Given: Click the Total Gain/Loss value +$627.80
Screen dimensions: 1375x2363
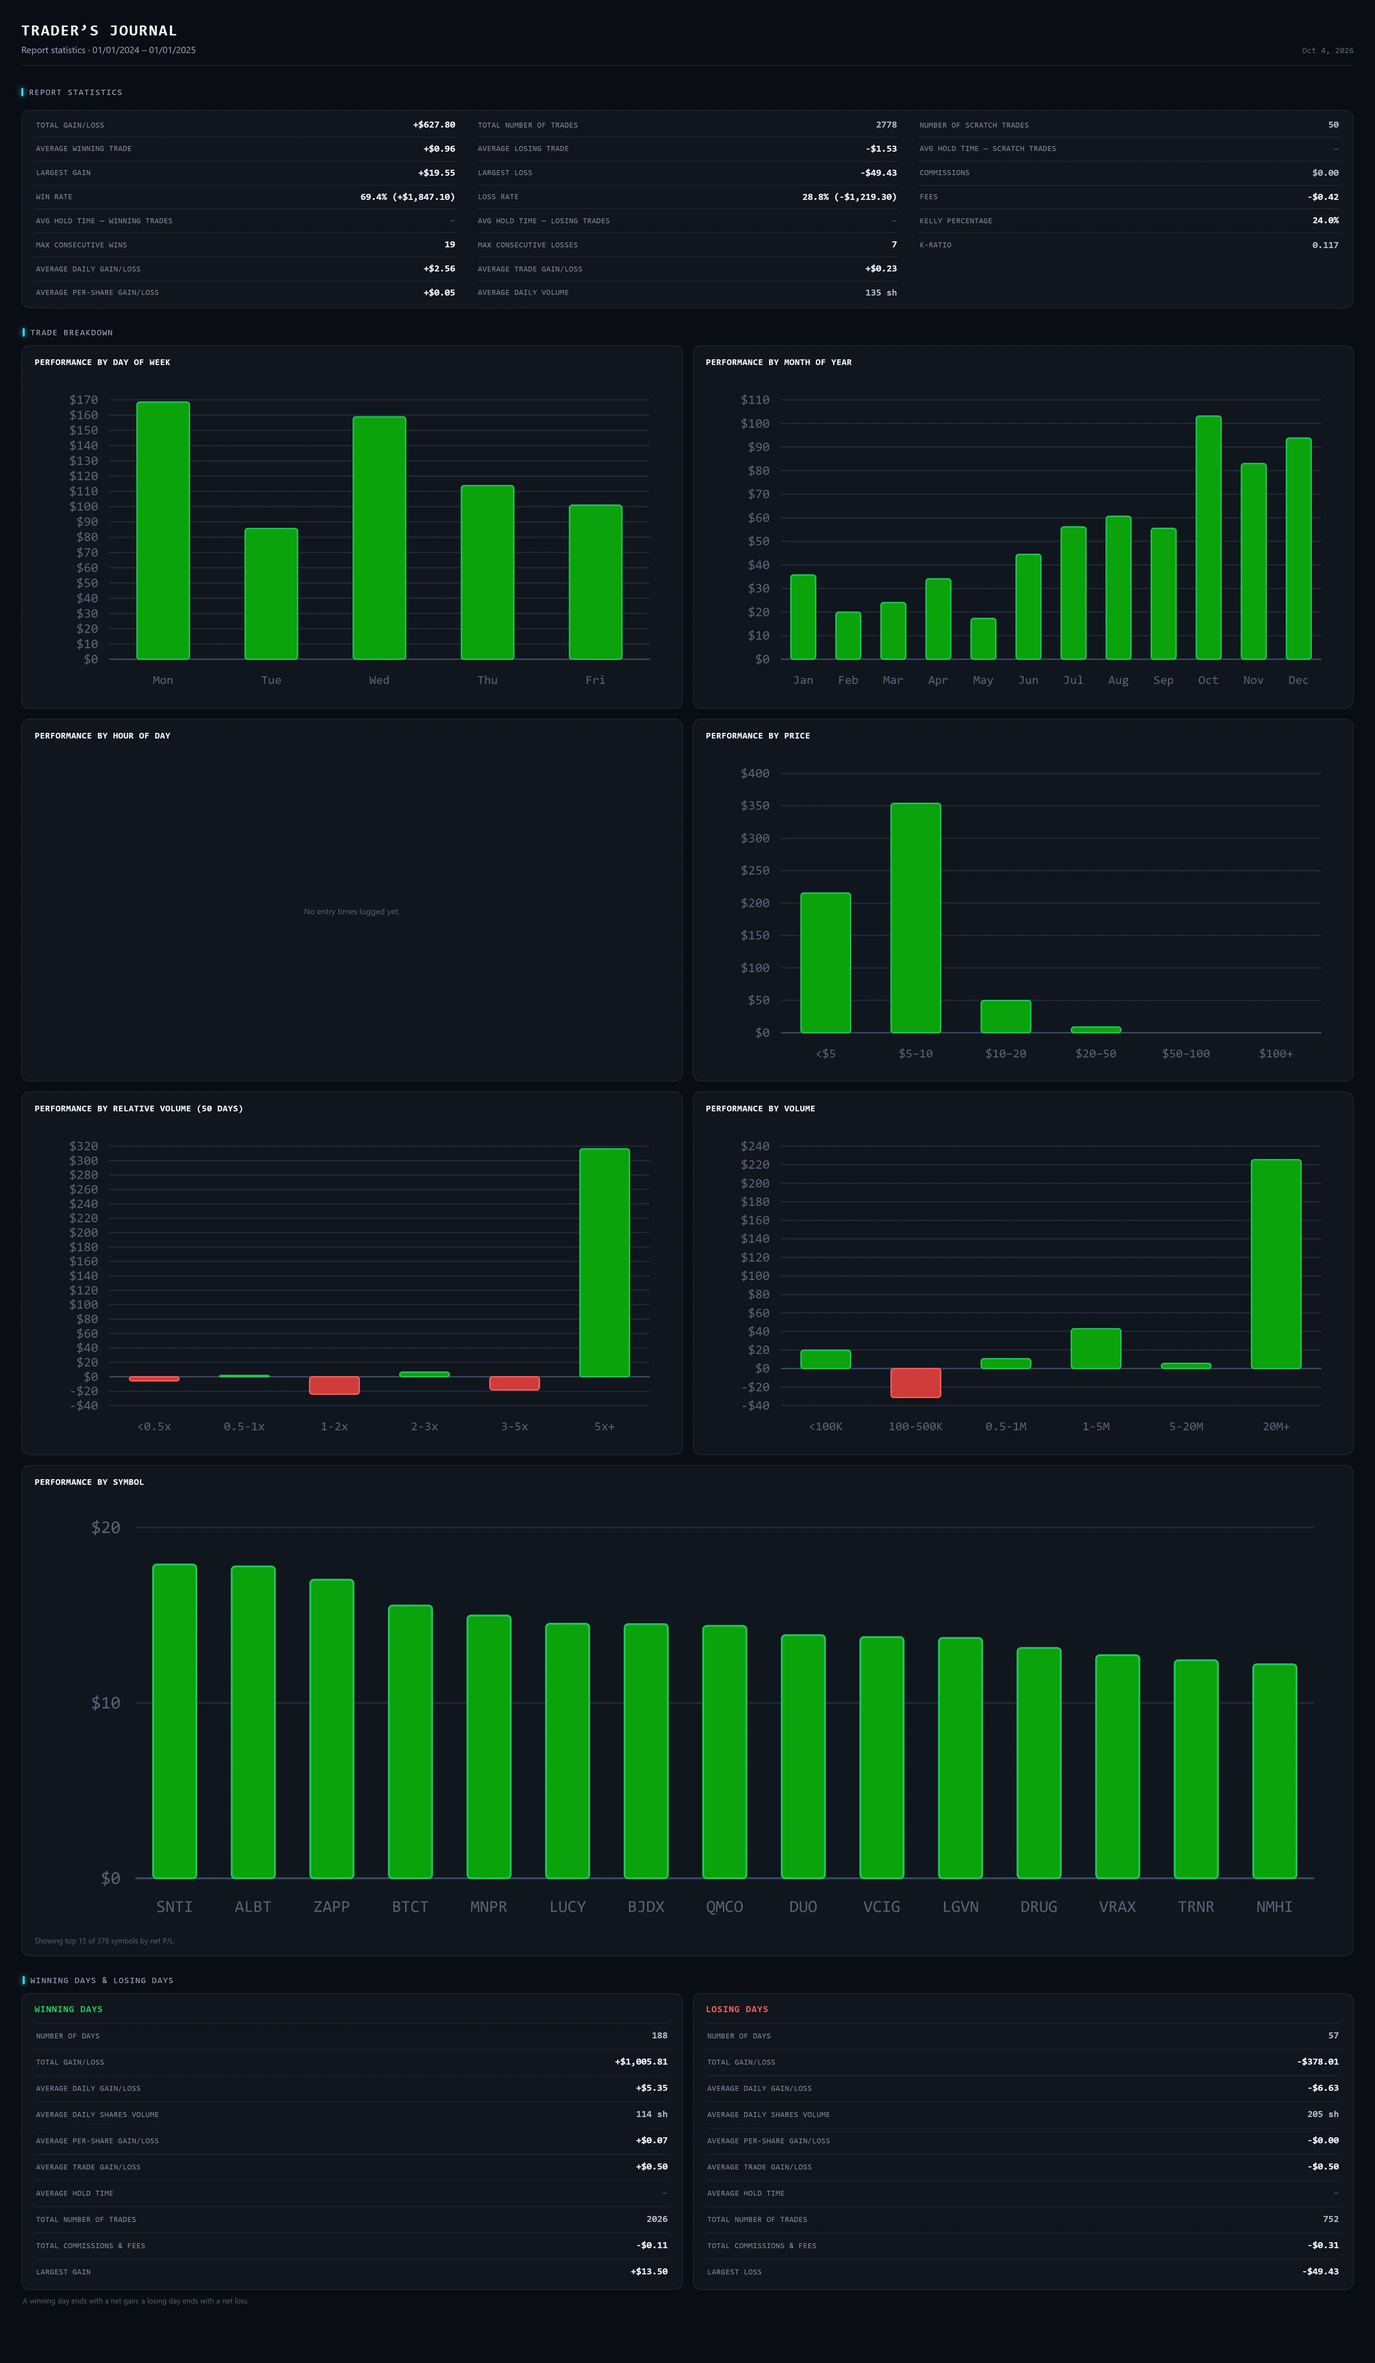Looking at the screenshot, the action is tap(434, 125).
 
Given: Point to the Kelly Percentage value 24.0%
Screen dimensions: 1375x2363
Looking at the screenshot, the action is tap(1325, 220).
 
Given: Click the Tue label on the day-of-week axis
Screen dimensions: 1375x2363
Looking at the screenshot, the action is tap(271, 680).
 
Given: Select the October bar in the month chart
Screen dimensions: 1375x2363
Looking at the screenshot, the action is tap(1208, 537).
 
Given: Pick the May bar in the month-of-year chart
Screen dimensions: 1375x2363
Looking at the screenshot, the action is tap(983, 639).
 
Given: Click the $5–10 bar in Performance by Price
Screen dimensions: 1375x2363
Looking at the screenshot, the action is tap(916, 918).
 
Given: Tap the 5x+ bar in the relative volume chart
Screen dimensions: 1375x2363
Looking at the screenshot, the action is tap(605, 1262).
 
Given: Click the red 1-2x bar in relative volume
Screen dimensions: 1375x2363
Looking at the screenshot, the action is tap(335, 1385).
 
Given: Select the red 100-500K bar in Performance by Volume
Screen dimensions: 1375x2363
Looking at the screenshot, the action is tap(916, 1383).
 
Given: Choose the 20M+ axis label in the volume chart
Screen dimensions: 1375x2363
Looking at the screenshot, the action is tap(1276, 1426).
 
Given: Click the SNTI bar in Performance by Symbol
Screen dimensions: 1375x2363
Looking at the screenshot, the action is tap(174, 1721).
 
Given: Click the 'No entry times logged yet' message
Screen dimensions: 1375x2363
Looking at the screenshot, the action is tap(351, 911).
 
